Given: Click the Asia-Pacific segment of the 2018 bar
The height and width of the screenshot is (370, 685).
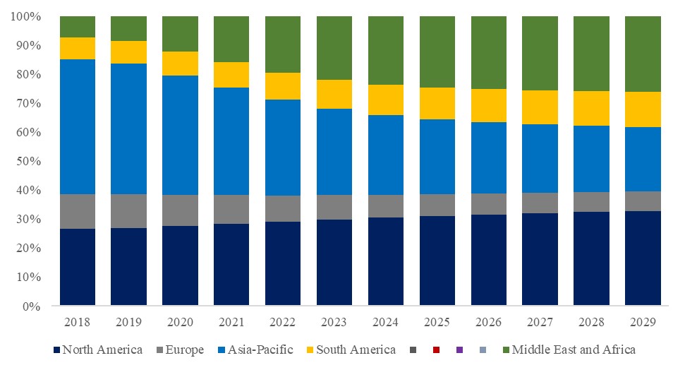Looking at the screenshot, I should [78, 126].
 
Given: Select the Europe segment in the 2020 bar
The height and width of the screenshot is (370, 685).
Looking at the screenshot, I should [180, 210].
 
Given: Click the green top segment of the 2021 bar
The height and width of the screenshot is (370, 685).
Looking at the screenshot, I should [231, 39].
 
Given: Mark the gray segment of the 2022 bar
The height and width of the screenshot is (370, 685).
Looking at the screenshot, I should [282, 208].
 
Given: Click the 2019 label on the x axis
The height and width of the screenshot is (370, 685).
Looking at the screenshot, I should [128, 322].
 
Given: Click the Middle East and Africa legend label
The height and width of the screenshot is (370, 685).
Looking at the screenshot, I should [574, 350].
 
